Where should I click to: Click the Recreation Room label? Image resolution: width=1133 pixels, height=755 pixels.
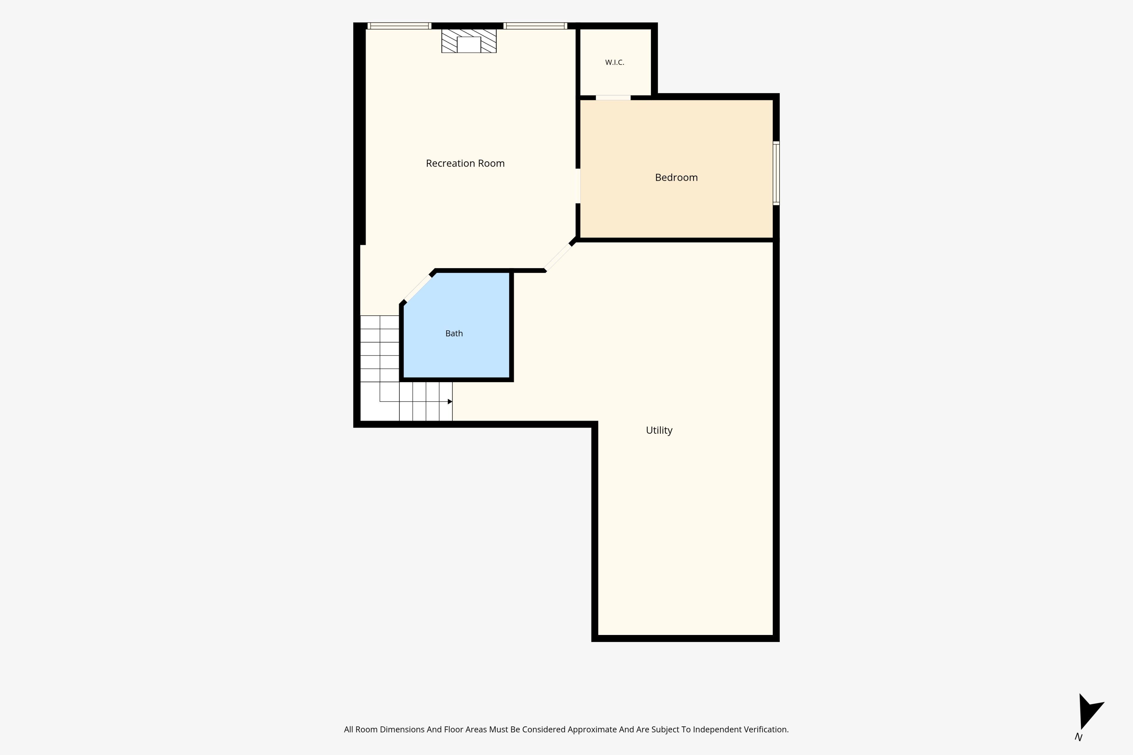click(x=465, y=163)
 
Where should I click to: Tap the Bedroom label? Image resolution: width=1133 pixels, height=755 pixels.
click(x=676, y=177)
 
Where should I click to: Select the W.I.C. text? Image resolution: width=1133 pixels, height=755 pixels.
click(x=615, y=62)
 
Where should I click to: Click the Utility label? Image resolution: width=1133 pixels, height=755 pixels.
click(x=659, y=430)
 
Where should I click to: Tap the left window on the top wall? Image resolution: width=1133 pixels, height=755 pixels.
click(x=399, y=26)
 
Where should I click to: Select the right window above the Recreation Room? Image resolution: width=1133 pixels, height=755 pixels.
click(x=535, y=26)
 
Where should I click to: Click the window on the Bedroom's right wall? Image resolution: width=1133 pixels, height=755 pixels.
click(x=776, y=173)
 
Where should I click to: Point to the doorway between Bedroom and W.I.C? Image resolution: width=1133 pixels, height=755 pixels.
click(x=613, y=98)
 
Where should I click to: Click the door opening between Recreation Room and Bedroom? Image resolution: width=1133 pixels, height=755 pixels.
click(x=578, y=186)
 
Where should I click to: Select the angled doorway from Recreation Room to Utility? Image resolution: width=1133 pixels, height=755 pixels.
click(x=559, y=257)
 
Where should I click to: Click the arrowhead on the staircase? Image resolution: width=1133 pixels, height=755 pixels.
click(x=450, y=402)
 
